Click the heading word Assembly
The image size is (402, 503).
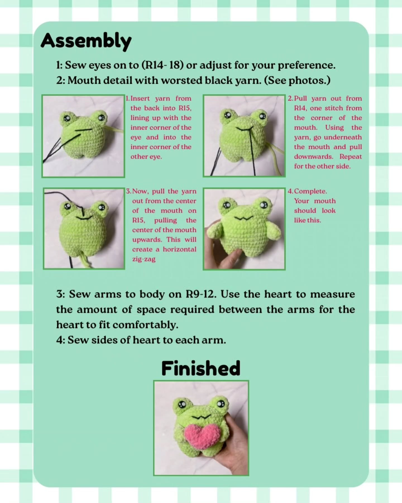86,41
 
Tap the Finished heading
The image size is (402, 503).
201,368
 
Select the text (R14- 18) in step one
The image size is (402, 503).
162,65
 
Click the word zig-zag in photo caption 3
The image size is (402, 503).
144,259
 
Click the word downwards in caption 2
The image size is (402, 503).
313,156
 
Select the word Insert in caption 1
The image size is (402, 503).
140,98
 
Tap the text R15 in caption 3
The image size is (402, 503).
138,220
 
